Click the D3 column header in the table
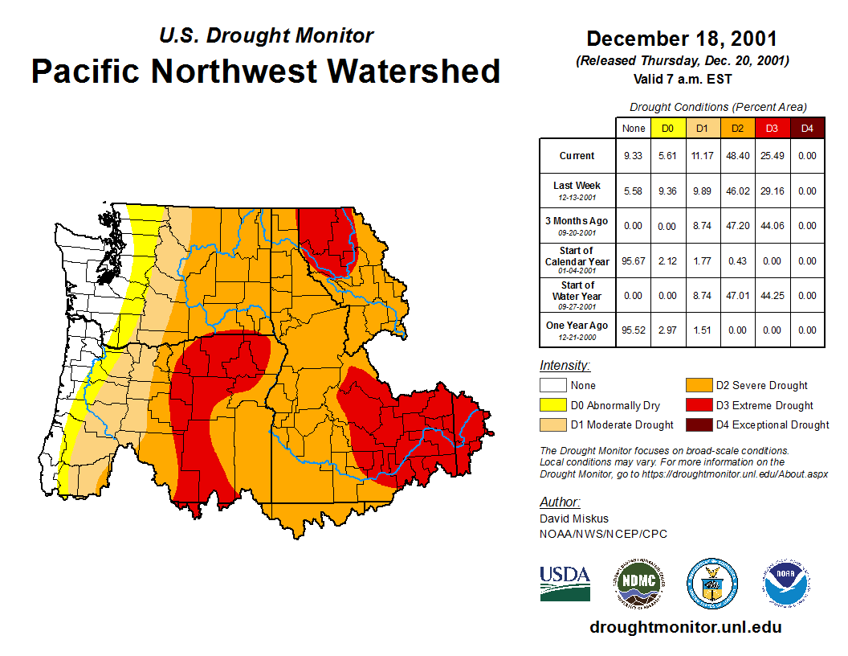pos(772,128)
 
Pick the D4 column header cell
pos(807,128)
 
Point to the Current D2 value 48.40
pos(736,156)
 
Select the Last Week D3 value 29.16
pos(772,191)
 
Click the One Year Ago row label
pos(577,326)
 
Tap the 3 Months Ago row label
pos(577,221)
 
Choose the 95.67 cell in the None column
pos(633,261)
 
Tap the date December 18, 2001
pos(682,39)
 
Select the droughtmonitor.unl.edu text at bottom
pos(685,627)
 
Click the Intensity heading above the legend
pos(565,366)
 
